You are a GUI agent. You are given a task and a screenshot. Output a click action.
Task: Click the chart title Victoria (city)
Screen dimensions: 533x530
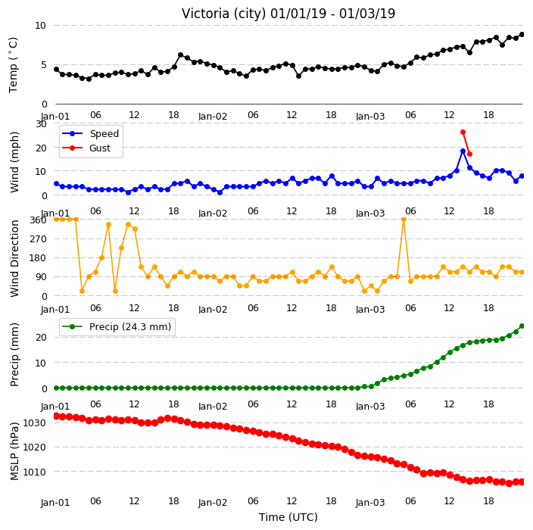tap(224, 14)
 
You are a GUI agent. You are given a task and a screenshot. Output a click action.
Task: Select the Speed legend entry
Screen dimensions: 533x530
tap(90, 133)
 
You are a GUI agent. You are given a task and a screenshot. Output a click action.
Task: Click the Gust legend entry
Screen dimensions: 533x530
tap(86, 148)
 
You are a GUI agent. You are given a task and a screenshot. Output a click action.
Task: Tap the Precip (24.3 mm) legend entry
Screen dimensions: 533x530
tap(117, 326)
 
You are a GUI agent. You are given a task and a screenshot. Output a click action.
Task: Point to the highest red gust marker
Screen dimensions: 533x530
tap(463, 132)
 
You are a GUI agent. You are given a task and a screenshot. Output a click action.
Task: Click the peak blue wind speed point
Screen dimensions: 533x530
tap(463, 151)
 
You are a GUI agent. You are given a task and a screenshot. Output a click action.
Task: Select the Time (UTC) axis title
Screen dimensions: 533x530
tap(288, 517)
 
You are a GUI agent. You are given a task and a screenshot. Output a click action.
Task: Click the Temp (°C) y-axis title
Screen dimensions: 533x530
tap(13, 65)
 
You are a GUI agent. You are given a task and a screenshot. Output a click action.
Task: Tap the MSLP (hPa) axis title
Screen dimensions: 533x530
tap(14, 451)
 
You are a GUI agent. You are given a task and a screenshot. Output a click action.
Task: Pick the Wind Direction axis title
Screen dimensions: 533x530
tap(14, 259)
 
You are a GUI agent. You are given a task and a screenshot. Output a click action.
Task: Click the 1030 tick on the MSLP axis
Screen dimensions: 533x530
tap(34, 423)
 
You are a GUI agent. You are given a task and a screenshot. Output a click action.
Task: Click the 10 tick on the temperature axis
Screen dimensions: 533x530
tap(40, 26)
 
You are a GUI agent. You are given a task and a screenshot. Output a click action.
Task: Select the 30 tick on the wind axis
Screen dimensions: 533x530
tap(41, 123)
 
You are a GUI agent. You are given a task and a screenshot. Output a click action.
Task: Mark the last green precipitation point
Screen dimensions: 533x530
tap(522, 326)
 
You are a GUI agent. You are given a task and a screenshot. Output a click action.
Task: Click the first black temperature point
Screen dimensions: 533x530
tap(57, 70)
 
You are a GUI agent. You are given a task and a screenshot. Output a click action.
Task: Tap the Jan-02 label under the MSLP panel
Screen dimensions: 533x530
tap(213, 503)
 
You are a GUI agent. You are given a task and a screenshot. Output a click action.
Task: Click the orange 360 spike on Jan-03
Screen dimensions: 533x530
tap(404, 220)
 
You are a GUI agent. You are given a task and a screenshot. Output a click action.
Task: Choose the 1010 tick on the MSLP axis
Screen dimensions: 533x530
tap(34, 472)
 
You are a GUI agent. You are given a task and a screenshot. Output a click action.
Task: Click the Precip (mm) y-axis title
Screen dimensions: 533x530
tap(14, 354)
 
